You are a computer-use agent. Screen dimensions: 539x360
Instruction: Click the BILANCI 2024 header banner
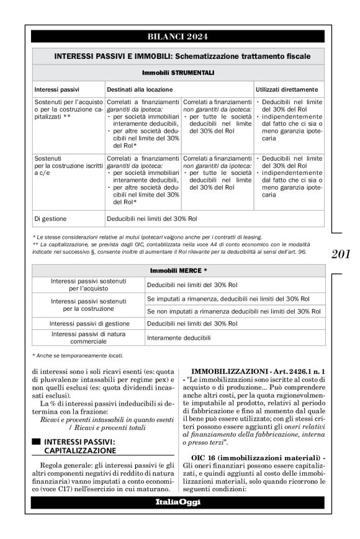(x=180, y=35)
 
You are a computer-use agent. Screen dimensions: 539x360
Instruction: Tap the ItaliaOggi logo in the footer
(x=180, y=502)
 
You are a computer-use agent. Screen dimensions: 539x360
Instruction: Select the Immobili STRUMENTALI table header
(x=180, y=73)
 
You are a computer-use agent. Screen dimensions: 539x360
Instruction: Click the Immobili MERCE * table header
(x=180, y=271)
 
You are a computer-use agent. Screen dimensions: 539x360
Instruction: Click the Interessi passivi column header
(x=56, y=89)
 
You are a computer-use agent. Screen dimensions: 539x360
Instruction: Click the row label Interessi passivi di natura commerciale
(x=87, y=338)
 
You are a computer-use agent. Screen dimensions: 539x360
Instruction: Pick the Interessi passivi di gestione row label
(x=87, y=323)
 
